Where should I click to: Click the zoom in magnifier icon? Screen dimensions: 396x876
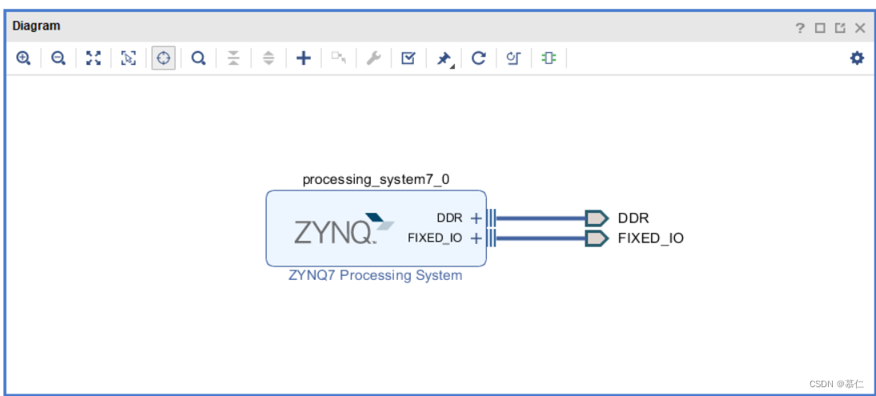pyautogui.click(x=24, y=58)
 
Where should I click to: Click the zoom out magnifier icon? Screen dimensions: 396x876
pyautogui.click(x=58, y=58)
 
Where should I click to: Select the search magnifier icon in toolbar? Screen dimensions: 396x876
pyautogui.click(x=198, y=58)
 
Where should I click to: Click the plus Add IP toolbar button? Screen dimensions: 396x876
pyautogui.click(x=303, y=58)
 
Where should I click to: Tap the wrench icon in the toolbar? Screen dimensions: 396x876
pyautogui.click(x=373, y=58)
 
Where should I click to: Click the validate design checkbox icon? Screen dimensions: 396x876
pyautogui.click(x=408, y=58)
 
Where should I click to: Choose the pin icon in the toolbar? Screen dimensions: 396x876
pyautogui.click(x=444, y=58)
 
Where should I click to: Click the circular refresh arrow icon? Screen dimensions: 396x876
pyautogui.click(x=479, y=58)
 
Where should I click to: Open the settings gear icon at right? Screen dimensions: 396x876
pyautogui.click(x=857, y=58)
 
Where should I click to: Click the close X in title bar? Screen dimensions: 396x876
pyautogui.click(x=860, y=28)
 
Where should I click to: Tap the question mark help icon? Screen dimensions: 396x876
pyautogui.click(x=800, y=28)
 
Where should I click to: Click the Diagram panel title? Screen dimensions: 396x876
pyautogui.click(x=36, y=26)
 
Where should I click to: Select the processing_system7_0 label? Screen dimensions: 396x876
pyautogui.click(x=376, y=179)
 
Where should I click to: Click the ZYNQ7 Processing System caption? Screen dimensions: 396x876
pyautogui.click(x=376, y=275)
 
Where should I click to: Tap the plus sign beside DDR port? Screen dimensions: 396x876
pyautogui.click(x=476, y=218)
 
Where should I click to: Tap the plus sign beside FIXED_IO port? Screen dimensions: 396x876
pyautogui.click(x=476, y=238)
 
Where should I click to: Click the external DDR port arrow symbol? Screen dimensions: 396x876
pyautogui.click(x=597, y=218)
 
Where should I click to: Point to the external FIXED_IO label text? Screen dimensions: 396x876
pyautogui.click(x=650, y=238)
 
